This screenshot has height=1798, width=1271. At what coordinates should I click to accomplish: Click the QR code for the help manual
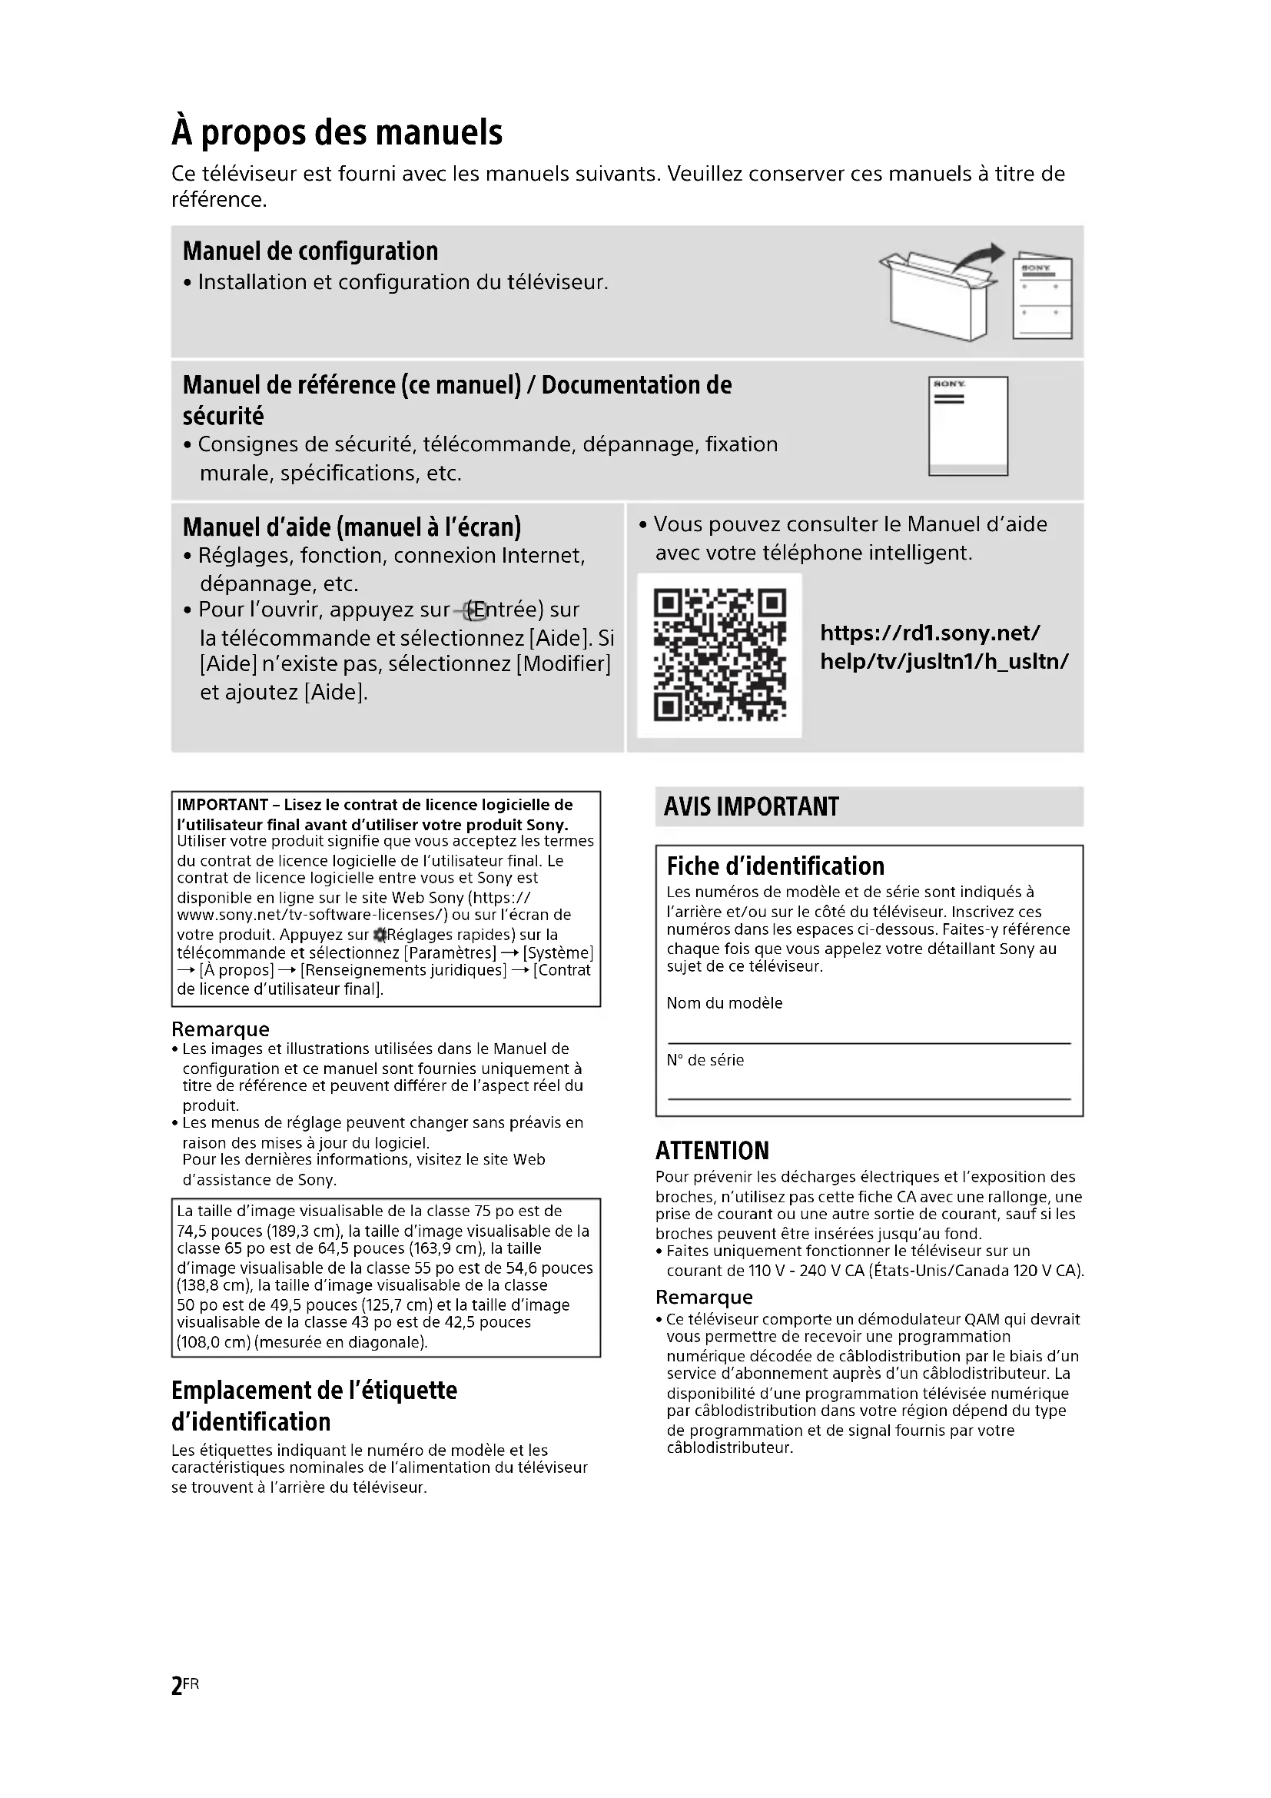click(719, 656)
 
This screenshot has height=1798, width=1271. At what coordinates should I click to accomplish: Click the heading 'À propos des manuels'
click(337, 132)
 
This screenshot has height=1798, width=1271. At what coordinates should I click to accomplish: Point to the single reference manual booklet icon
click(968, 425)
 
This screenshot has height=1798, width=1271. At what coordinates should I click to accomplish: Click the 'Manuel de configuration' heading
click(310, 251)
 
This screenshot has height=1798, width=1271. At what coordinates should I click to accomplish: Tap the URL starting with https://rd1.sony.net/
click(944, 646)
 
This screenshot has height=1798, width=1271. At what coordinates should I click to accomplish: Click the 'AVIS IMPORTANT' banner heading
click(751, 806)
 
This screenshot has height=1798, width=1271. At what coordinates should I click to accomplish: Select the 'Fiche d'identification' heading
click(775, 866)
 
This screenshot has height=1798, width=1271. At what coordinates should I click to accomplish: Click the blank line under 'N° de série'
click(869, 1098)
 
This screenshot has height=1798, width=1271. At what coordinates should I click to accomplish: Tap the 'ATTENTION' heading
click(712, 1151)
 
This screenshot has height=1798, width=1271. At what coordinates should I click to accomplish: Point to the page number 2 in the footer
click(178, 1685)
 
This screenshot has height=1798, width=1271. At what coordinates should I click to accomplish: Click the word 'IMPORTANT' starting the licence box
click(222, 805)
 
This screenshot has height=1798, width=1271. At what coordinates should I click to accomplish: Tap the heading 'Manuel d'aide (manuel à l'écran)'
click(351, 527)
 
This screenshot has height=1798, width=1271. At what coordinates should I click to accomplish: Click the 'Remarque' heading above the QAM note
click(704, 1298)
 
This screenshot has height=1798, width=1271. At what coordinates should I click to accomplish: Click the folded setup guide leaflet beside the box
click(1042, 297)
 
